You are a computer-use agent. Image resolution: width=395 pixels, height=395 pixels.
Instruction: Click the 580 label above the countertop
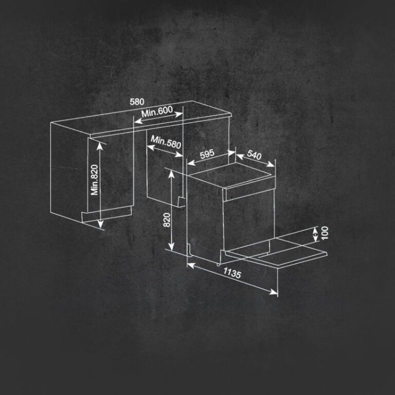[137, 102]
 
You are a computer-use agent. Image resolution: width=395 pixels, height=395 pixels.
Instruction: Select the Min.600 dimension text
[157, 112]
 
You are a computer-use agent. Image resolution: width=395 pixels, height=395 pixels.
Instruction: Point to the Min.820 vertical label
[95, 180]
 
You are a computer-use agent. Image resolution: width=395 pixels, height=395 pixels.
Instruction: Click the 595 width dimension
[206, 154]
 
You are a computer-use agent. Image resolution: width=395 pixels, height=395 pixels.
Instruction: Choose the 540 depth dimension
[254, 155]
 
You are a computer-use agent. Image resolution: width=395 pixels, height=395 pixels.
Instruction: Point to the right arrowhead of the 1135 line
[275, 292]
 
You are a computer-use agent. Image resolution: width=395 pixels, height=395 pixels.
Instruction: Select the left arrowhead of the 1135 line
[190, 265]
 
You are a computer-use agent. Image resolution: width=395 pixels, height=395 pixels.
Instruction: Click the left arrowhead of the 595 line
[190, 162]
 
